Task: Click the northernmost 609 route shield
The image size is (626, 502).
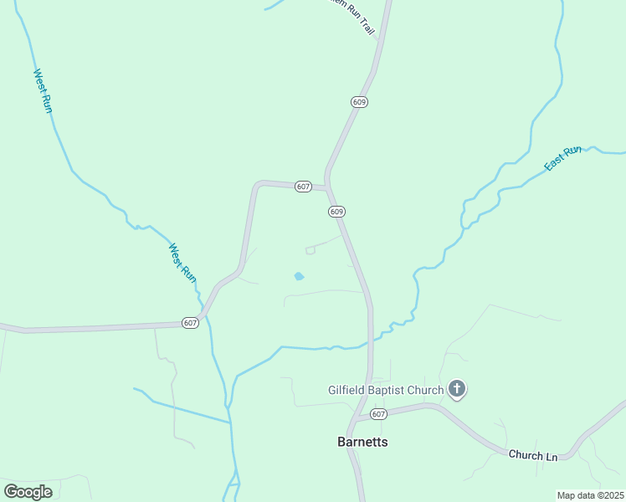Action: point(359,101)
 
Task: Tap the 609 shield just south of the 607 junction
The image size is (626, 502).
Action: point(336,212)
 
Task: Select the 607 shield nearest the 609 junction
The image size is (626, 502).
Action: point(303,187)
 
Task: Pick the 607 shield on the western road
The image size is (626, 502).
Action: point(190,323)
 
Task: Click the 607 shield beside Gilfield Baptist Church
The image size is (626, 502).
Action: point(378,413)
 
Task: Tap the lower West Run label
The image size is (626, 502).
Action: point(182,263)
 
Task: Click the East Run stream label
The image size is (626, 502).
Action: point(562,159)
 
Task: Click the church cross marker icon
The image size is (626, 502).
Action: point(457,388)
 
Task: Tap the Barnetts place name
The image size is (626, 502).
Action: point(362,442)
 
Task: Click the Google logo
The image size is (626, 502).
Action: point(28,491)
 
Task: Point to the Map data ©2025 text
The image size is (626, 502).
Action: point(590,495)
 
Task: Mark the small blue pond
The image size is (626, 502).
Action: point(299,276)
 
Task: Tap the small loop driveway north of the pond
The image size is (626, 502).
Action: point(310,250)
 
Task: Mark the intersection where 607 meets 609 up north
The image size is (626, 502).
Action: point(327,187)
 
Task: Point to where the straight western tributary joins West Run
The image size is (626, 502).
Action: point(229,422)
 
